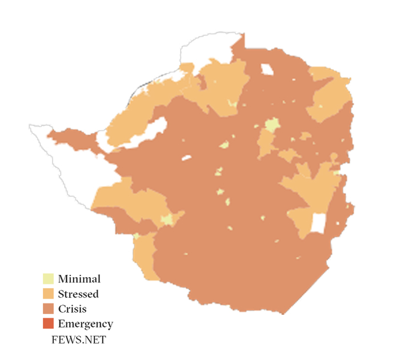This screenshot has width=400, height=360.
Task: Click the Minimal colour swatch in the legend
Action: click(48, 279)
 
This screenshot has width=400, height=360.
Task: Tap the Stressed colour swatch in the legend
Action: click(48, 294)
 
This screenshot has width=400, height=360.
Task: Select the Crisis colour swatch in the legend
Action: click(48, 309)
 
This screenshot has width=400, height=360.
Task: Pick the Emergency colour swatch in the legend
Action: click(48, 324)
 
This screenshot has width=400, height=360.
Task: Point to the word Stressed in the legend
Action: click(78, 294)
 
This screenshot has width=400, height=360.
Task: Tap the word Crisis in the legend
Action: click(72, 309)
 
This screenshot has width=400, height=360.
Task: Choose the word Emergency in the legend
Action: click(85, 324)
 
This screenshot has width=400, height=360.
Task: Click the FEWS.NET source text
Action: click(78, 340)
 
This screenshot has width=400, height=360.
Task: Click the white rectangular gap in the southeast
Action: click(318, 223)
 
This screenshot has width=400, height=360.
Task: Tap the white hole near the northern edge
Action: click(267, 70)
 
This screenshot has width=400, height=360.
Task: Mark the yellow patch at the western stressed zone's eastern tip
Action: click(167, 219)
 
